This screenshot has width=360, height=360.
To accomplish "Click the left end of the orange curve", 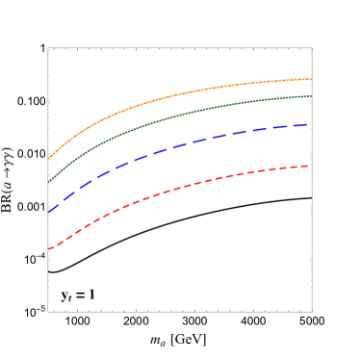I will [x=49, y=158].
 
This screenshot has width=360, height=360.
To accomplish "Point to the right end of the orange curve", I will [x=311, y=79].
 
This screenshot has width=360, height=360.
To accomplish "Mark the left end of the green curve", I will [x=49, y=181].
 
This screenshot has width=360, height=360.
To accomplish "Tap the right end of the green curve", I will [x=311, y=96].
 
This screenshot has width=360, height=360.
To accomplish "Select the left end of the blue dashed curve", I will [x=49, y=212].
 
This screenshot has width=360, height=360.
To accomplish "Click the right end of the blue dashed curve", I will [x=309, y=124].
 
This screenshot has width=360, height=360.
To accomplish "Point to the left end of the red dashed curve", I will [x=49, y=249].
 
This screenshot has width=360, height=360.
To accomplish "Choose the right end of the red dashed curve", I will [x=309, y=166].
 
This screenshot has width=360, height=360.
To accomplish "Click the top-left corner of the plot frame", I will [x=48, y=47].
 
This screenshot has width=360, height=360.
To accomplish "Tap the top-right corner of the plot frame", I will [x=312, y=47].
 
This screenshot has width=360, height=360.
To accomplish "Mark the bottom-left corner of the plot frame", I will [x=48, y=311].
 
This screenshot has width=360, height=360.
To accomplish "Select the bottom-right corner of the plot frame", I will [x=312, y=311].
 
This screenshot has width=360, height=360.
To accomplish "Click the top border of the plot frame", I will [x=180, y=47].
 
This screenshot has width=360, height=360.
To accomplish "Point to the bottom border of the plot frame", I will [x=180, y=311].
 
